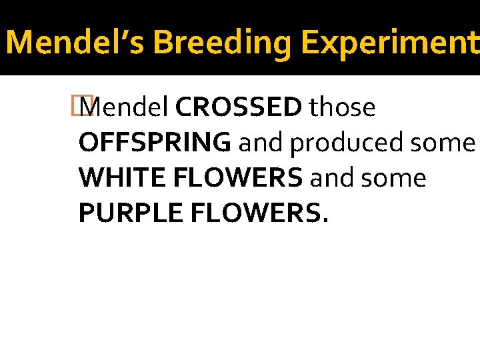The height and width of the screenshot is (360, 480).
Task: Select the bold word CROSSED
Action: pyautogui.click(x=239, y=107)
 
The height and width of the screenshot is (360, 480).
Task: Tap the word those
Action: pyautogui.click(x=342, y=107)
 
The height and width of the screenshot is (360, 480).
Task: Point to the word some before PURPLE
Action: pyautogui.click(x=395, y=178)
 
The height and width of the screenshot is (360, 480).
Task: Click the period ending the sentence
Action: pyautogui.click(x=325, y=221)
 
